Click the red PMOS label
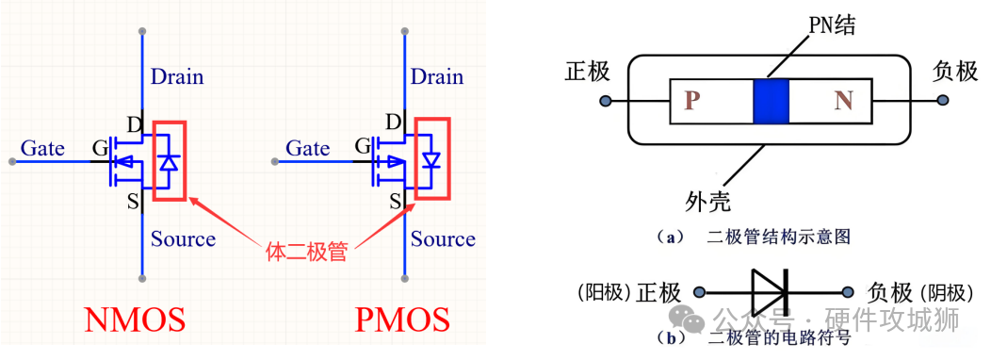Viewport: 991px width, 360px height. pos(402,320)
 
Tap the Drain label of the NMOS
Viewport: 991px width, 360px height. pos(177,76)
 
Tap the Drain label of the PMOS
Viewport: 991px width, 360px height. pos(437,76)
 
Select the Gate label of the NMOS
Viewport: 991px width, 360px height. pos(42,148)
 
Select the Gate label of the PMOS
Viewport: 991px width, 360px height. pos(307,148)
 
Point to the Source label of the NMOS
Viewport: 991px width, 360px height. pos(183,238)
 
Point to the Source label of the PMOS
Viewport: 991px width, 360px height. pos(443,238)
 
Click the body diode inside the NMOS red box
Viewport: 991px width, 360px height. pos(169,161)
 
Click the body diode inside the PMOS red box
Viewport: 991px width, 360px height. pos(431,161)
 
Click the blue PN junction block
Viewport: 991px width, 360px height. pos(770,101)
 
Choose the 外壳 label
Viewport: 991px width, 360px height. pos(707,200)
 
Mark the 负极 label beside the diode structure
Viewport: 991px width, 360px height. pos(954,72)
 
